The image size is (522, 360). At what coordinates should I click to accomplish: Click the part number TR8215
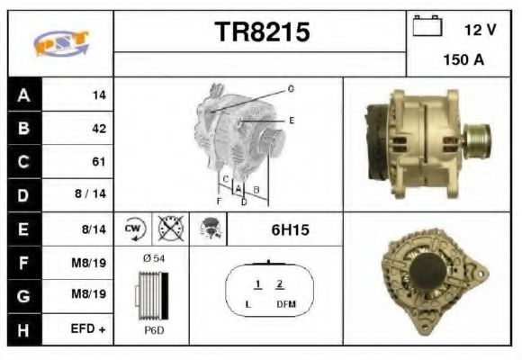coord(262,32)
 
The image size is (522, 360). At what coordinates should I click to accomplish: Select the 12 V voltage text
coord(480,30)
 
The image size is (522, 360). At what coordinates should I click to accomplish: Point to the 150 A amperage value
coord(463,60)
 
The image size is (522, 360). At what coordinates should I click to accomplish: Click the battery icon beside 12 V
coord(426,27)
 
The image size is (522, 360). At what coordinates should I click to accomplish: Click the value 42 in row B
coord(99,128)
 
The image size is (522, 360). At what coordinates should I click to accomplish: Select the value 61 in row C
coord(99,162)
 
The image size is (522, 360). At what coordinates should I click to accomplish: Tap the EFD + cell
coord(88,330)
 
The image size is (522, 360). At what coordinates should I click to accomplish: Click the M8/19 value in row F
coord(89,263)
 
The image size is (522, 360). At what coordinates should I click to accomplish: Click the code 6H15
coord(290,230)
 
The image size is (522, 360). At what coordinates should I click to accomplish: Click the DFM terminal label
coord(285,305)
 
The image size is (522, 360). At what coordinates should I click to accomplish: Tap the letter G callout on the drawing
coord(291,89)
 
